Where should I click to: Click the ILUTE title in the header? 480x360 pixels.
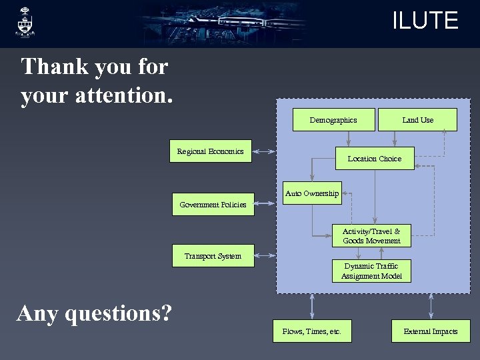pyautogui.click(x=425, y=21)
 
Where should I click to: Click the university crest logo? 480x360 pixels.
pyautogui.click(x=26, y=22)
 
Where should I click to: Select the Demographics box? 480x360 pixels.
pyautogui.click(x=333, y=120)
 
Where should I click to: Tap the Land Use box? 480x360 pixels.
pyautogui.click(x=417, y=120)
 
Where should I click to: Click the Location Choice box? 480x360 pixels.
pyautogui.click(x=374, y=159)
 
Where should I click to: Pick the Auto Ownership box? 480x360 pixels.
pyautogui.click(x=311, y=193)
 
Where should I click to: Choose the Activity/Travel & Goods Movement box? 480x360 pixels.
pyautogui.click(x=371, y=236)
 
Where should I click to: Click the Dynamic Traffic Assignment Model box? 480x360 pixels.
pyautogui.click(x=371, y=271)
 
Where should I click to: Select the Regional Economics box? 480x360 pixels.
pyautogui.click(x=211, y=151)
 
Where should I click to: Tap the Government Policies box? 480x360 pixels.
pyautogui.click(x=213, y=205)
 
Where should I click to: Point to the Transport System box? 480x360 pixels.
pyautogui.click(x=213, y=256)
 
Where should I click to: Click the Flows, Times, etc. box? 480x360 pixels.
pyautogui.click(x=311, y=331)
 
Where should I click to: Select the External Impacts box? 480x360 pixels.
pyautogui.click(x=430, y=331)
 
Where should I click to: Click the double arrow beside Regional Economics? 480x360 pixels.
pyautogui.click(x=265, y=152)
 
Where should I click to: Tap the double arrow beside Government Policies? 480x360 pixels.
pyautogui.click(x=265, y=205)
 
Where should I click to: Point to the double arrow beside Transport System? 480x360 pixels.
pyautogui.click(x=265, y=256)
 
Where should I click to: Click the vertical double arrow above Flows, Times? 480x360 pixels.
pyautogui.click(x=311, y=307)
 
